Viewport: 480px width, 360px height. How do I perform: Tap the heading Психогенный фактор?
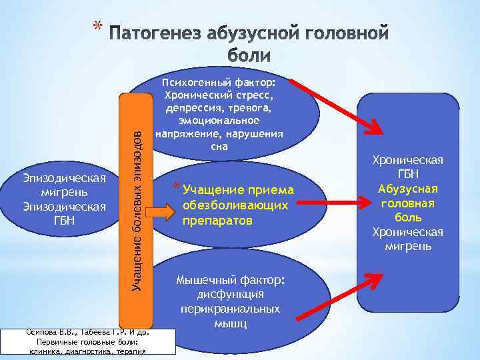point(219,83)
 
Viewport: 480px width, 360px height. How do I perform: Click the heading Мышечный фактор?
point(230,281)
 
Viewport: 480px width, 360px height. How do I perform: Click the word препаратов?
point(218,220)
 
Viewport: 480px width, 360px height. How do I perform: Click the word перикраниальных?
point(230,309)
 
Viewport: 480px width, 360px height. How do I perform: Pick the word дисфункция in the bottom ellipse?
point(230,295)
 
